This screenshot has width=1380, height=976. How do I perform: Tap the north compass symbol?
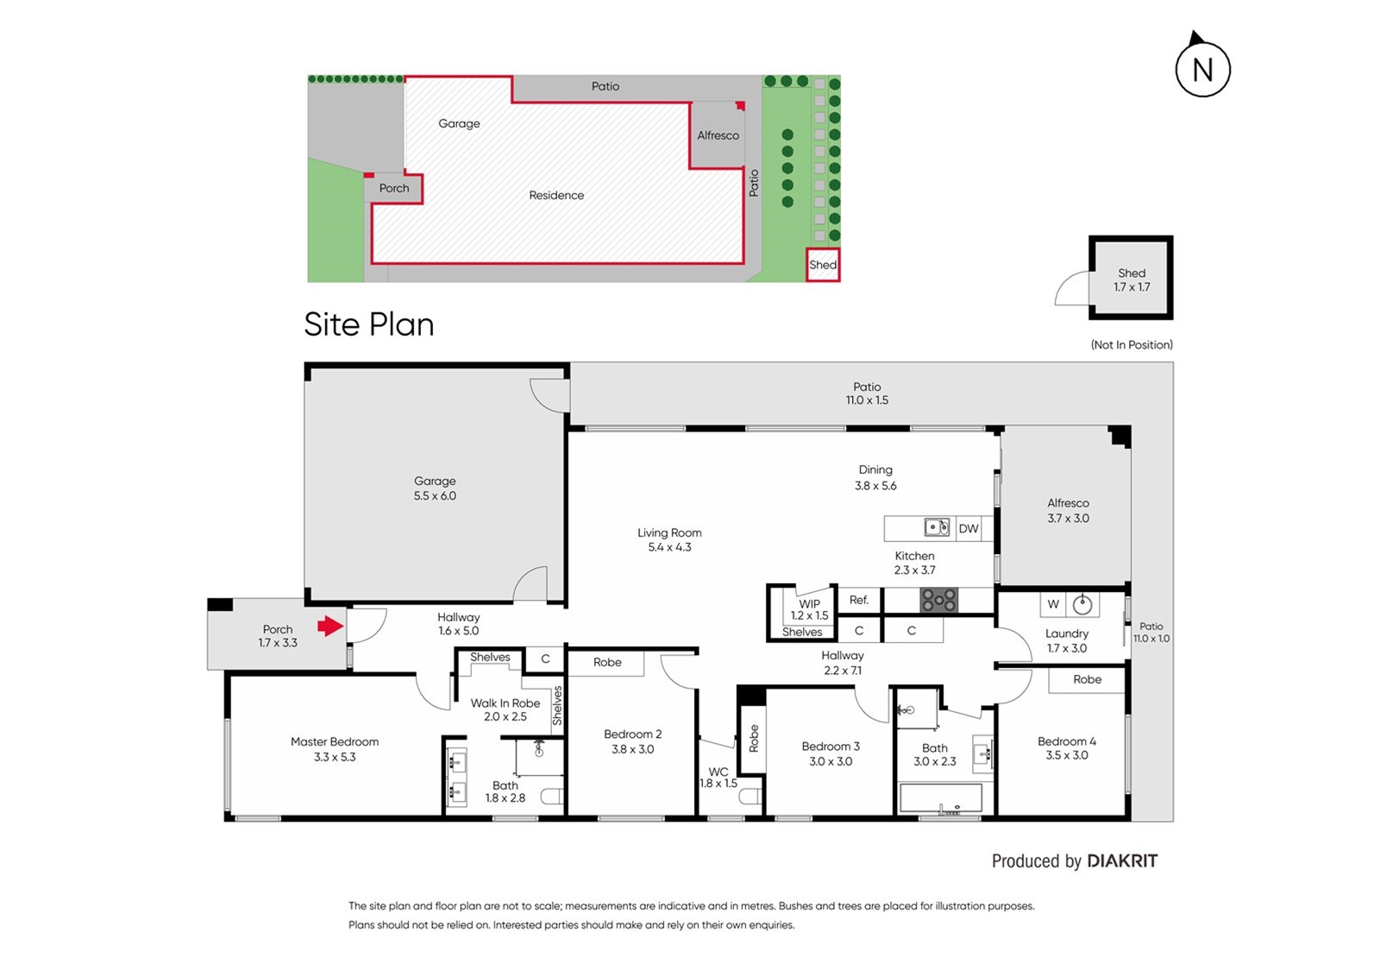1202,65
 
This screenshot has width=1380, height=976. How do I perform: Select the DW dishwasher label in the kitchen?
969,528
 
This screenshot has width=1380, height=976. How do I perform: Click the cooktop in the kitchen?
939,600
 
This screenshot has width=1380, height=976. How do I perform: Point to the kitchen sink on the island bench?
937,528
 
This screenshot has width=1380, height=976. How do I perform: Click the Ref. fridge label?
859,600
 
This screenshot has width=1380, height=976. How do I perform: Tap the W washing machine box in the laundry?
1053,604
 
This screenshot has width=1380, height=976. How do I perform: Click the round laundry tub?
1082,605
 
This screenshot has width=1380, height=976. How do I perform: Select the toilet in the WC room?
750,797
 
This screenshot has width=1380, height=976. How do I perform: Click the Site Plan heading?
369,324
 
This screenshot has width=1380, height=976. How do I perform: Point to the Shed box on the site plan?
823,265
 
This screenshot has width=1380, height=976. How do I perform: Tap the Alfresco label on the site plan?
718,135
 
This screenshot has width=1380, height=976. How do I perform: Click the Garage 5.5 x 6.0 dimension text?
435,495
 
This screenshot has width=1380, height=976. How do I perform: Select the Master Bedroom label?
335,742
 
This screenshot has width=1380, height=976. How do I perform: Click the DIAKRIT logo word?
1122,861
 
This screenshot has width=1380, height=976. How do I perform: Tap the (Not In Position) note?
1132,344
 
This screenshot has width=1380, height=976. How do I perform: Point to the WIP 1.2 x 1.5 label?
810,610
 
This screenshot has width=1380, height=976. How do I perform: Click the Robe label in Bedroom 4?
1088,679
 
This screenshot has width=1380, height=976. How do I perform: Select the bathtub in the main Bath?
941,799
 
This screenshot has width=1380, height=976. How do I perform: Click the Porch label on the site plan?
393,188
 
